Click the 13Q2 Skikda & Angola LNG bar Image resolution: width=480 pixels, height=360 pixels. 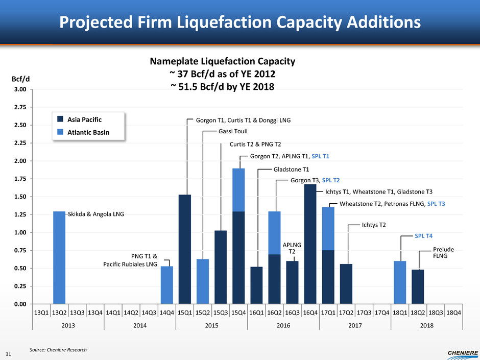click(x=59, y=257)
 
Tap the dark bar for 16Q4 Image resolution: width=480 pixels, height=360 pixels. click(x=310, y=244)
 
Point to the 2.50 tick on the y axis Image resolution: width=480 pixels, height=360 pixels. click(x=20, y=125)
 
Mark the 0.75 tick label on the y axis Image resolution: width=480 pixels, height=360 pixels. click(x=20, y=250)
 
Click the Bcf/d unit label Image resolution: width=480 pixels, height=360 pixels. click(x=20, y=80)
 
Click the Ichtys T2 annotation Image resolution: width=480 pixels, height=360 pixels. click(x=375, y=224)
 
